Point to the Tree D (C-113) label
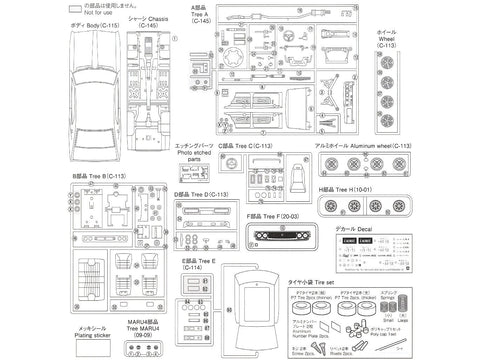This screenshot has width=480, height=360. click(205, 194)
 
